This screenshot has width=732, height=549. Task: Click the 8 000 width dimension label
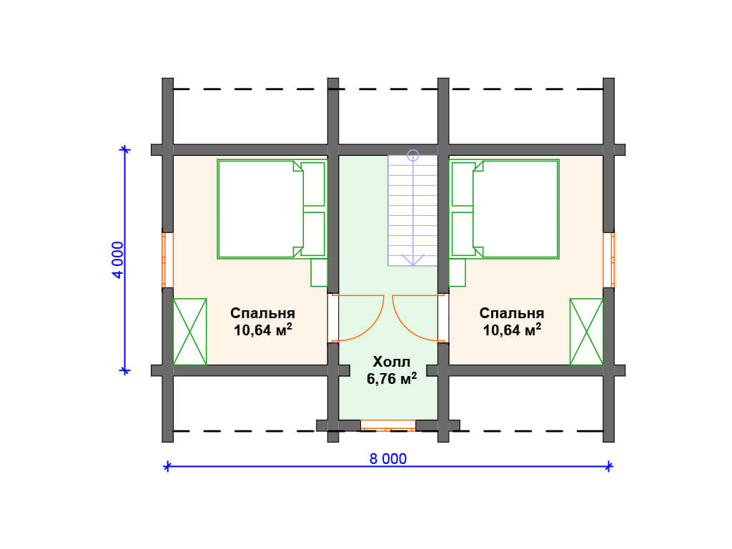pyautogui.click(x=388, y=459)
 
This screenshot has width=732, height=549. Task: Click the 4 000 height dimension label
pyautogui.click(x=118, y=260)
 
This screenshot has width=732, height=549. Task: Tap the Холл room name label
pyautogui.click(x=392, y=362)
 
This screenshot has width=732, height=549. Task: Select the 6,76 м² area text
pyautogui.click(x=392, y=379)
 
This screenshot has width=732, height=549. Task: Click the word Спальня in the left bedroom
pyautogui.click(x=262, y=313)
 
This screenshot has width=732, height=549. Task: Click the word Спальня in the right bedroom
pyautogui.click(x=512, y=313)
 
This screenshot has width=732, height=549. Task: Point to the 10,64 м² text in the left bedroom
pyautogui.click(x=263, y=330)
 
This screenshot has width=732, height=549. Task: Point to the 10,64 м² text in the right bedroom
pyautogui.click(x=512, y=330)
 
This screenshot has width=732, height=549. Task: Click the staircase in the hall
pyautogui.click(x=412, y=211)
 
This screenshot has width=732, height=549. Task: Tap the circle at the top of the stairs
pyautogui.click(x=412, y=155)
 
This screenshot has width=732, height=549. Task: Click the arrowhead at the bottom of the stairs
pyautogui.click(x=412, y=260)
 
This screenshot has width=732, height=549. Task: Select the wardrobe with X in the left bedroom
pyautogui.click(x=190, y=332)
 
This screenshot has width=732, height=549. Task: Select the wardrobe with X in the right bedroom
pyautogui.click(x=586, y=332)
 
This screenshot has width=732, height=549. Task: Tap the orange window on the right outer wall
pyautogui.click(x=609, y=260)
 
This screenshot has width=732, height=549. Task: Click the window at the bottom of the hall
pyautogui.click(x=388, y=425)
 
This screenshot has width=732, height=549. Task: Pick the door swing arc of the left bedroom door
pyautogui.click(x=370, y=327)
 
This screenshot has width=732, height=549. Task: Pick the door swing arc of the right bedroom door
pyautogui.click(x=405, y=327)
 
